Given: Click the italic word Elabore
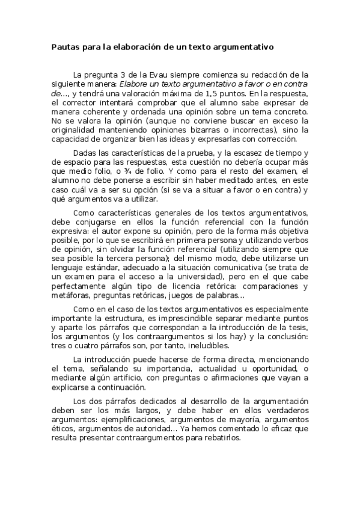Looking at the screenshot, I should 135,84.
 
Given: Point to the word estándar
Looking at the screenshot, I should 107,268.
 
